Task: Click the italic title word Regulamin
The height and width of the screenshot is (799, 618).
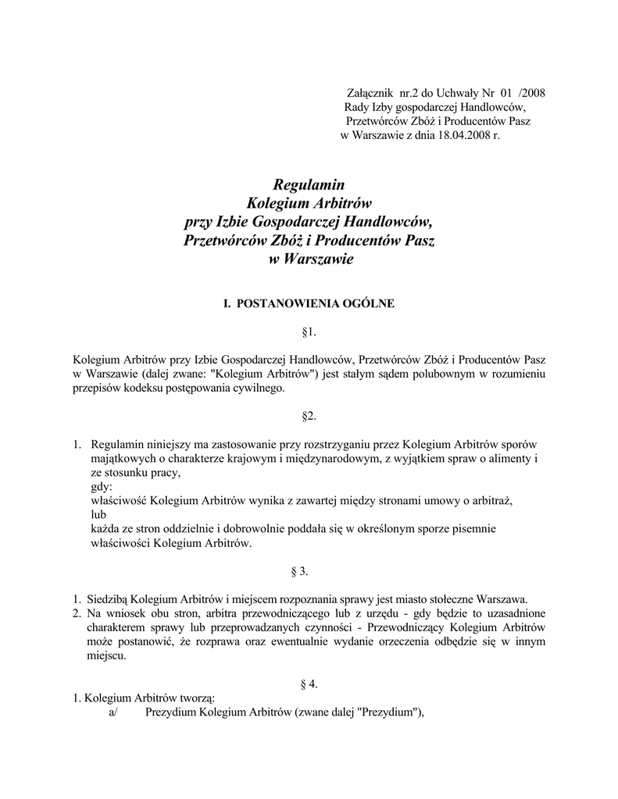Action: tap(309, 184)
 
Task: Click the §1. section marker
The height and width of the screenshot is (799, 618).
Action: tap(308, 332)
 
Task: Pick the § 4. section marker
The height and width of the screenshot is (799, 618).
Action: tap(309, 684)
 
